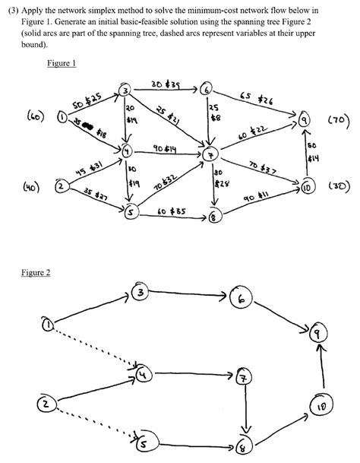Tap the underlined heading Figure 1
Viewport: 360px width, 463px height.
pyautogui.click(x=62, y=64)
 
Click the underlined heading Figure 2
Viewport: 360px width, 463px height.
pyautogui.click(x=36, y=272)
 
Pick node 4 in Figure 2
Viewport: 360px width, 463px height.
pyautogui.click(x=144, y=374)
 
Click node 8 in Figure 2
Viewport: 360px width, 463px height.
pyautogui.click(x=243, y=446)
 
